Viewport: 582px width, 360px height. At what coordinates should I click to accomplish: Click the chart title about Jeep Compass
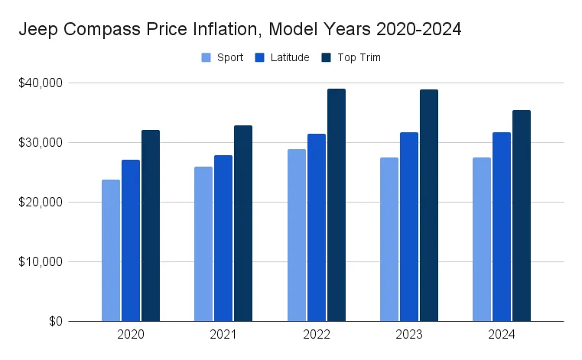239,30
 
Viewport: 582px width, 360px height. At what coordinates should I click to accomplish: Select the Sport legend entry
223,57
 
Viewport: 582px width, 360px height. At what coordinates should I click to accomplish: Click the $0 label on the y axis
54,321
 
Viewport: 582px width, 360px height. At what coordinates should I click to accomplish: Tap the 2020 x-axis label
131,335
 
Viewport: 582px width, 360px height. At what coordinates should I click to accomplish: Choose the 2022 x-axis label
317,335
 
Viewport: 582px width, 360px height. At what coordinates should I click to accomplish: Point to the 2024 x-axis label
502,335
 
